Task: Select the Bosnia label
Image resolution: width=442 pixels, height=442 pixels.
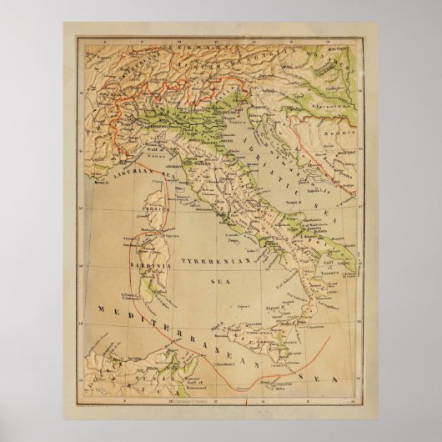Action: [x=337, y=133]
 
